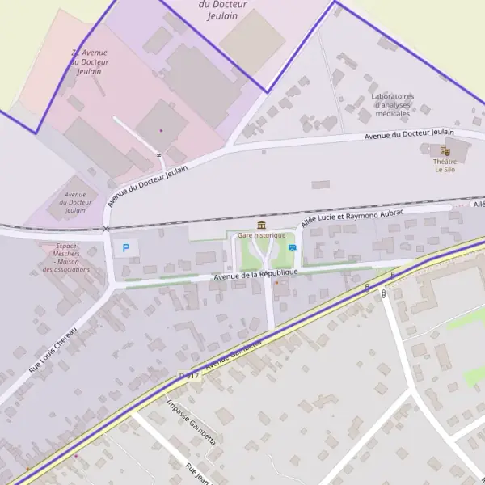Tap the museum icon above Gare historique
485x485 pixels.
pyautogui.click(x=261, y=225)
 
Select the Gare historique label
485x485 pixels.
pyautogui.click(x=262, y=235)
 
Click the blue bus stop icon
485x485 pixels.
pyautogui.click(x=292, y=248)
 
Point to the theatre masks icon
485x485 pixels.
pyautogui.click(x=445, y=150)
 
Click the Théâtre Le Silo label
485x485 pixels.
pyautogui.click(x=445, y=166)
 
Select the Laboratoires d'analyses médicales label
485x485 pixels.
pyautogui.click(x=393, y=105)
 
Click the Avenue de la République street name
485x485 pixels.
pyautogui.click(x=255, y=275)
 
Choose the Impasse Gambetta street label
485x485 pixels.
pyautogui.click(x=191, y=422)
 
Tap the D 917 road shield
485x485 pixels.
pyautogui.click(x=188, y=376)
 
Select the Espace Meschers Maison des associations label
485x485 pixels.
pyautogui.click(x=66, y=257)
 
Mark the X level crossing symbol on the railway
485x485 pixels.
pyautogui.click(x=106, y=229)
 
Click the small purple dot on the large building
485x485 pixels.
pyautogui.click(x=161, y=130)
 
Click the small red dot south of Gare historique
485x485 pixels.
pyautogui.click(x=276, y=283)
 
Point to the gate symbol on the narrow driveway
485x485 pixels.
pyautogui.click(x=159, y=154)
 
